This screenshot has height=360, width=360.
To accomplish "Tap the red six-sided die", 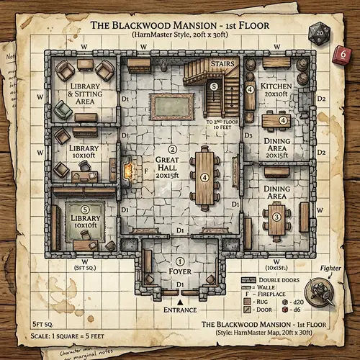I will coord(343,53).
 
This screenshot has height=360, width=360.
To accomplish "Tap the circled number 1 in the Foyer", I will coord(180,261).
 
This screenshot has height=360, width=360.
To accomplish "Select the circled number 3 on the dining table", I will coord(276,215).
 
